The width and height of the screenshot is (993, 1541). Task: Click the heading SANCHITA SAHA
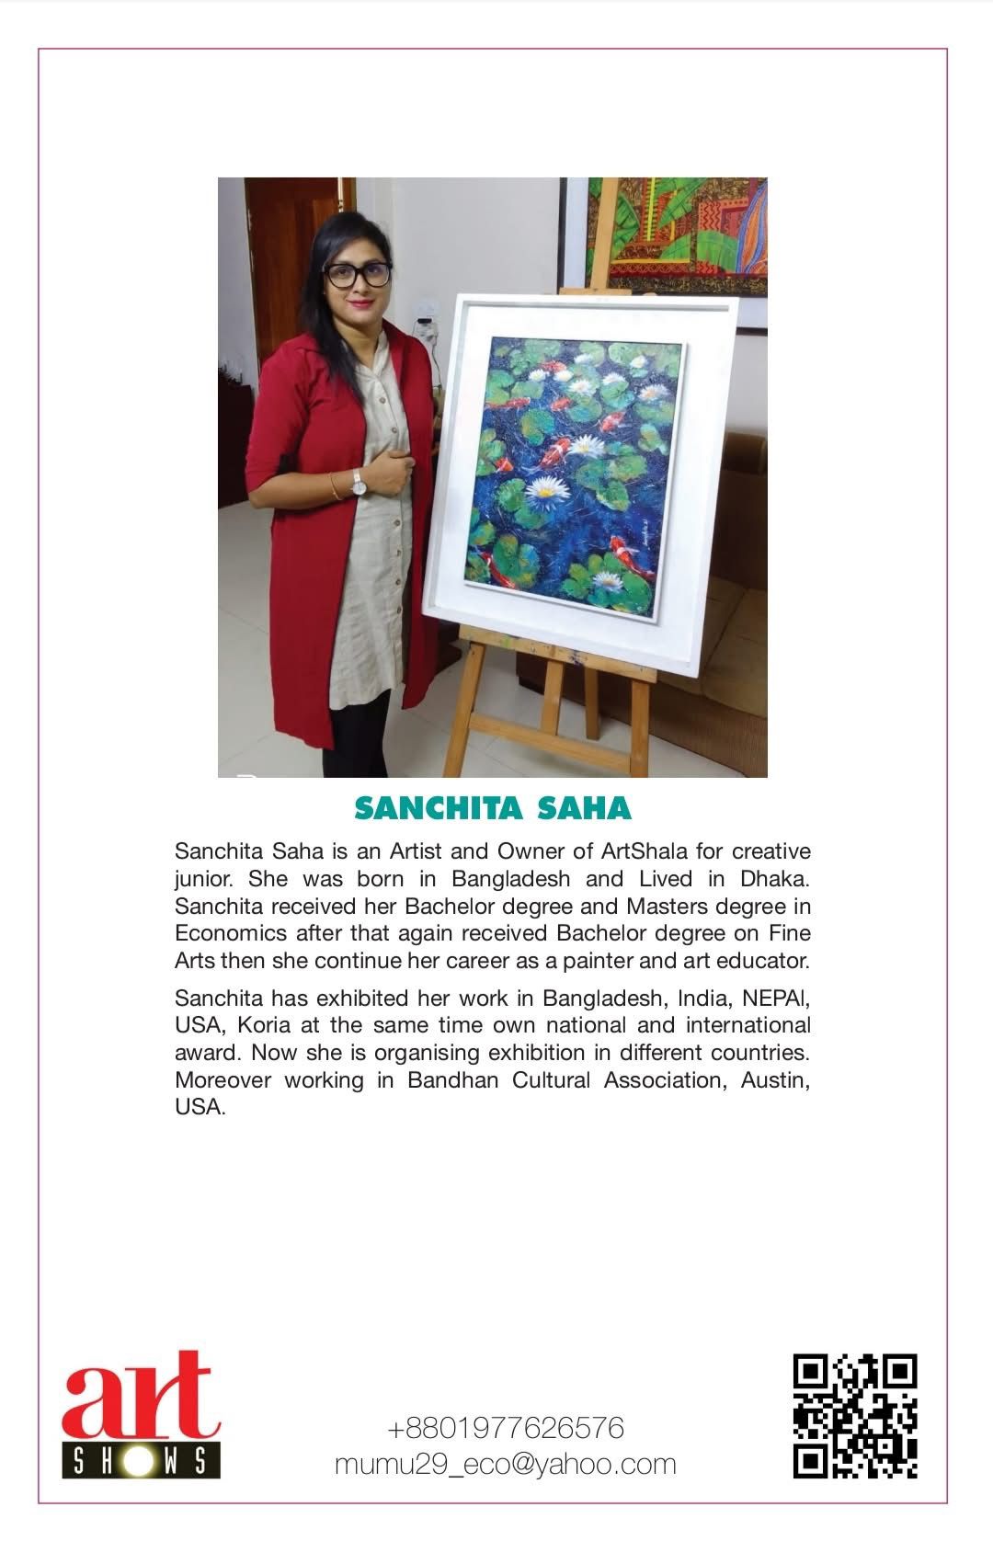493,808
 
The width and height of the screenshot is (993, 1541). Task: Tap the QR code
855,1416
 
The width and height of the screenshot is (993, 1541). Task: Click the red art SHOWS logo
141,1413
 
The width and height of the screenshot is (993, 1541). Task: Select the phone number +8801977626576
506,1428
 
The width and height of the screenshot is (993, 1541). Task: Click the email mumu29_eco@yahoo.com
505,1464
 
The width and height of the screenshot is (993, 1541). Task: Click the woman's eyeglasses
359,273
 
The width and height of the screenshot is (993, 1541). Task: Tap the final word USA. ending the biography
200,1107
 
